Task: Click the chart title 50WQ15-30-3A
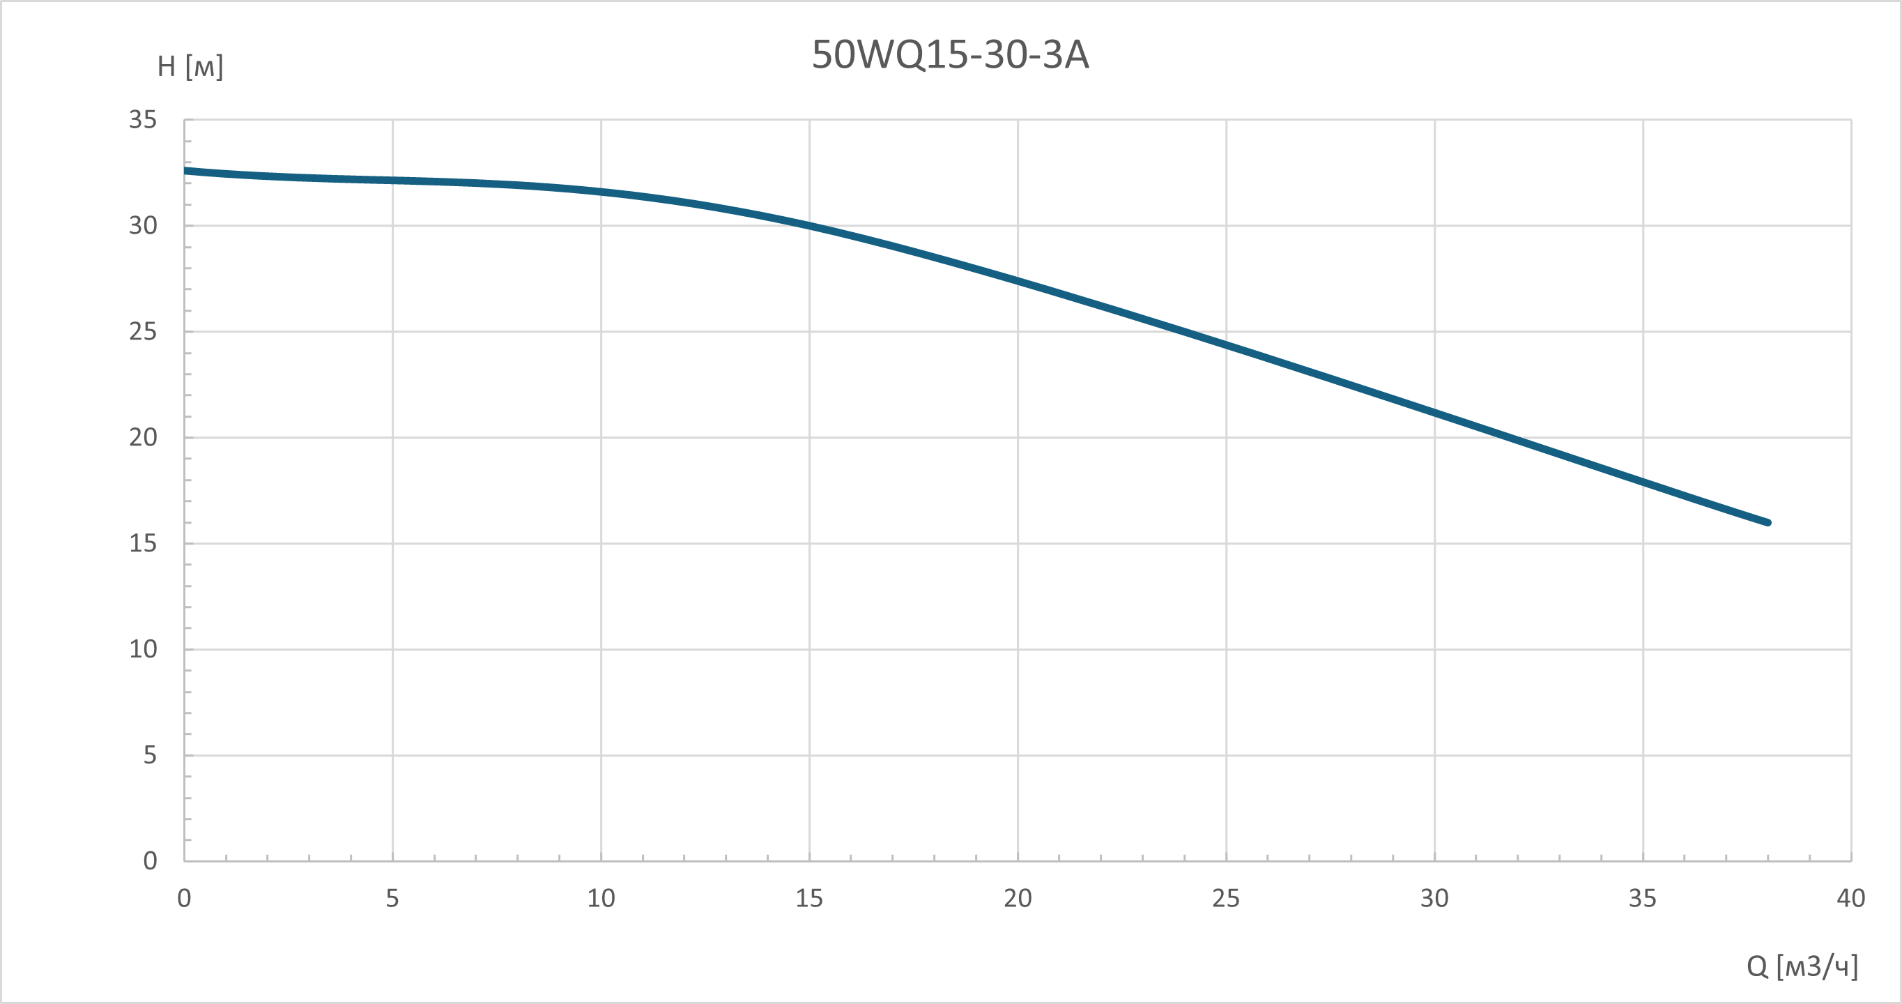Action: [x=950, y=54]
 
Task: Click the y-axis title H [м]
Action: [x=190, y=66]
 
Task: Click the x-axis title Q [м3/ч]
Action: [x=1802, y=966]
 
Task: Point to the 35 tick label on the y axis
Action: [x=144, y=120]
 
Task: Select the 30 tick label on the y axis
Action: [x=144, y=225]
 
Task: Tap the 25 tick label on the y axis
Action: [x=144, y=332]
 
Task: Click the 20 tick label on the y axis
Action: [x=144, y=437]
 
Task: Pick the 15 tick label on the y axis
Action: [x=144, y=544]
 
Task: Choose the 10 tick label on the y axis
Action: [x=144, y=649]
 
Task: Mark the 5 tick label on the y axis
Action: [x=151, y=755]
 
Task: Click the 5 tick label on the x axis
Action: [x=392, y=898]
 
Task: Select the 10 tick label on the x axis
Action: [x=601, y=898]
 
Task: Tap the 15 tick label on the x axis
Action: [x=809, y=898]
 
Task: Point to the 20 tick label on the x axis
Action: [x=1018, y=898]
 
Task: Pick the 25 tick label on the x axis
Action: [x=1226, y=898]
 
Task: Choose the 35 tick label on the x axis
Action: [x=1643, y=898]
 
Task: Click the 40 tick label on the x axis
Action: [x=1851, y=898]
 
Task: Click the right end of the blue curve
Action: [x=1768, y=522]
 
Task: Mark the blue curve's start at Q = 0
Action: [x=185, y=171]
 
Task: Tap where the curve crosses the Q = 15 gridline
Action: [x=809, y=225]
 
